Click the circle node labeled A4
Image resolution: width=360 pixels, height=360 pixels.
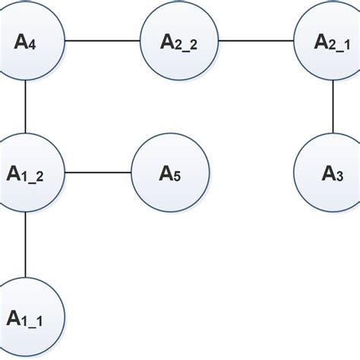click(26, 41)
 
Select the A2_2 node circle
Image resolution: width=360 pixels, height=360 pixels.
click(179, 41)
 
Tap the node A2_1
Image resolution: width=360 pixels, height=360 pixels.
click(333, 41)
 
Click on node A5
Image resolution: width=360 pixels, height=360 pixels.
click(171, 173)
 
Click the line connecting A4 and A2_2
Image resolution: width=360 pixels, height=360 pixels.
click(103, 41)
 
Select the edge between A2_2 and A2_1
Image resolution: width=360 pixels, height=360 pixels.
click(256, 41)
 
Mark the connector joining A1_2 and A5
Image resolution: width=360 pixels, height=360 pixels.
click(99, 173)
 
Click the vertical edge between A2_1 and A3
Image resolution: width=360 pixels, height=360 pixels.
click(333, 107)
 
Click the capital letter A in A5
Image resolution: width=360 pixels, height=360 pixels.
click(166, 172)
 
